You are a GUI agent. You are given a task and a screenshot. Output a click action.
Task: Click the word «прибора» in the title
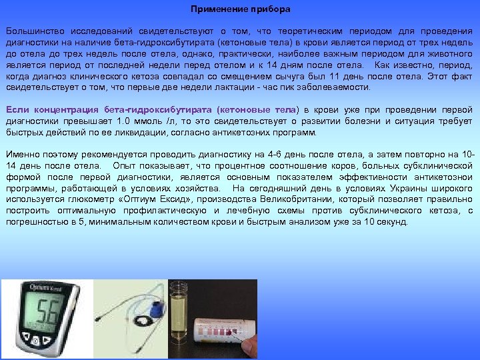270,10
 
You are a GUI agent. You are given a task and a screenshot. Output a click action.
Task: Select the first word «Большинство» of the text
33,31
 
